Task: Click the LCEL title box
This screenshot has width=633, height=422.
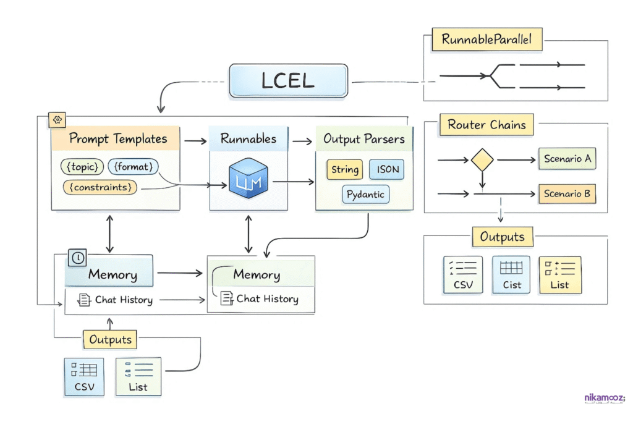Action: pos(287,81)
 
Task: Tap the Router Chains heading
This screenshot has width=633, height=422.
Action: pos(486,125)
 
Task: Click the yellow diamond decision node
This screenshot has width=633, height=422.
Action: pos(482,161)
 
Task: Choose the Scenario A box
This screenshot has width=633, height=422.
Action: pos(567,159)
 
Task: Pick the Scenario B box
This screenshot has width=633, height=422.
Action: pos(567,193)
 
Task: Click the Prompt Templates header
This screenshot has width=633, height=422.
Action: pos(117,138)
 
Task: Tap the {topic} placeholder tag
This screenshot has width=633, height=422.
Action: pos(82,167)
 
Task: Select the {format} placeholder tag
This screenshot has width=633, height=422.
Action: pos(134,167)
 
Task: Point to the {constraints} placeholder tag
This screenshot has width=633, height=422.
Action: pos(101,187)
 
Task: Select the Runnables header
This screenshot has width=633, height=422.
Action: pos(248,139)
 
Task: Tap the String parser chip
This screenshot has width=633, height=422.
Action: pos(345,169)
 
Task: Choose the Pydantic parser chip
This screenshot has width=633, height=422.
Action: pos(365,194)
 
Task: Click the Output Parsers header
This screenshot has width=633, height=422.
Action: pos(364,139)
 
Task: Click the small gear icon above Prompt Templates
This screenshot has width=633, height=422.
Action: pos(57,120)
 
